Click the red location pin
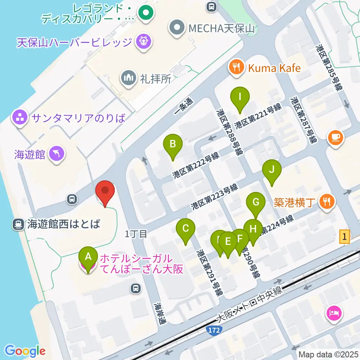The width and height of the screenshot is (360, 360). click(105, 192)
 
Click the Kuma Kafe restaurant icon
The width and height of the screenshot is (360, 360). click(236, 68)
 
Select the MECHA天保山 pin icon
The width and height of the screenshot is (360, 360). click(176, 28)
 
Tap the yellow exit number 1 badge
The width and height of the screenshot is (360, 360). click(345, 237)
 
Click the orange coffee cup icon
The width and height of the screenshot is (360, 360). click(335, 137)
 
